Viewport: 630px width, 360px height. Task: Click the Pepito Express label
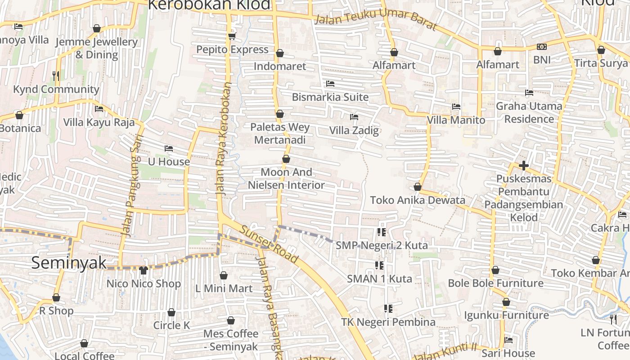[232, 49]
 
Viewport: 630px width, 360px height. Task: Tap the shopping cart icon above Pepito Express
[232, 36]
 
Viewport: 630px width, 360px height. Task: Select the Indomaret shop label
[279, 67]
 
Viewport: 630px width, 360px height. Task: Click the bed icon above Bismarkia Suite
[330, 84]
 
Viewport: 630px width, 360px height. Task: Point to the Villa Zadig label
[354, 130]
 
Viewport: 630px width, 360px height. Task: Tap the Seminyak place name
[69, 263]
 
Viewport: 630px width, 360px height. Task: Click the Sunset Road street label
[269, 244]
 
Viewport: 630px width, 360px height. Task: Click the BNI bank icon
[542, 47]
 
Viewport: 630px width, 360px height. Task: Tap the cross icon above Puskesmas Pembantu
[523, 166]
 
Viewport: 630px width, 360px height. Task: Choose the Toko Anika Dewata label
[417, 200]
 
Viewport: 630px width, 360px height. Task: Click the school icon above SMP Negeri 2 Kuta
[381, 232]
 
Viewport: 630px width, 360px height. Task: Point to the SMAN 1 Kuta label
[379, 279]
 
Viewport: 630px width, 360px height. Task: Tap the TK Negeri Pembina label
[388, 322]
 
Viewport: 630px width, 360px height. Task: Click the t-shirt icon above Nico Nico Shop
[143, 270]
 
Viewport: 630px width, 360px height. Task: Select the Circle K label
[171, 325]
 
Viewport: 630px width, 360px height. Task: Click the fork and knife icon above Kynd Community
[56, 76]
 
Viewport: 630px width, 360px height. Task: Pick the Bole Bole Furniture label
[495, 283]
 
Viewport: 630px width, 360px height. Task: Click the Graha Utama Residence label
[529, 112]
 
